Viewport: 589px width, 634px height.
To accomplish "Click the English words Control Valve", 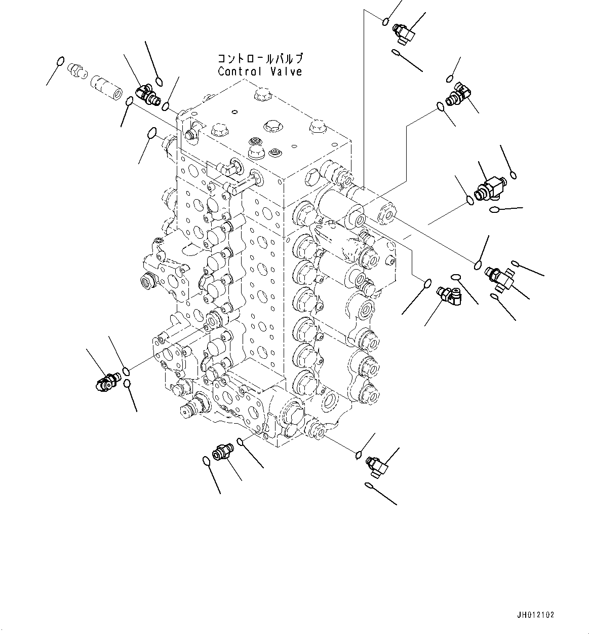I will coord(260,71).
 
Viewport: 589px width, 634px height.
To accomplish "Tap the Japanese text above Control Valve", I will coord(260,58).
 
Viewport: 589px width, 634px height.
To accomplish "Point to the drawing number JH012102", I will coord(536,615).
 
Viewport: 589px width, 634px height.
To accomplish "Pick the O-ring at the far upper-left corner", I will coord(60,62).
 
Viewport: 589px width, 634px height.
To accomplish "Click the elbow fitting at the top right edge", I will coord(405,33).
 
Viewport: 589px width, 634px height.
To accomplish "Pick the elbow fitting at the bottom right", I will coord(377,464).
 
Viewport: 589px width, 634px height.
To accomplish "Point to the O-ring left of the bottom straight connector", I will coord(206,461).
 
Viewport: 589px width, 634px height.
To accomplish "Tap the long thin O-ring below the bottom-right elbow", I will coord(370,486).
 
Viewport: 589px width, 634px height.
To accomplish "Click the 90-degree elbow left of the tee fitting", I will coord(450,294).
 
